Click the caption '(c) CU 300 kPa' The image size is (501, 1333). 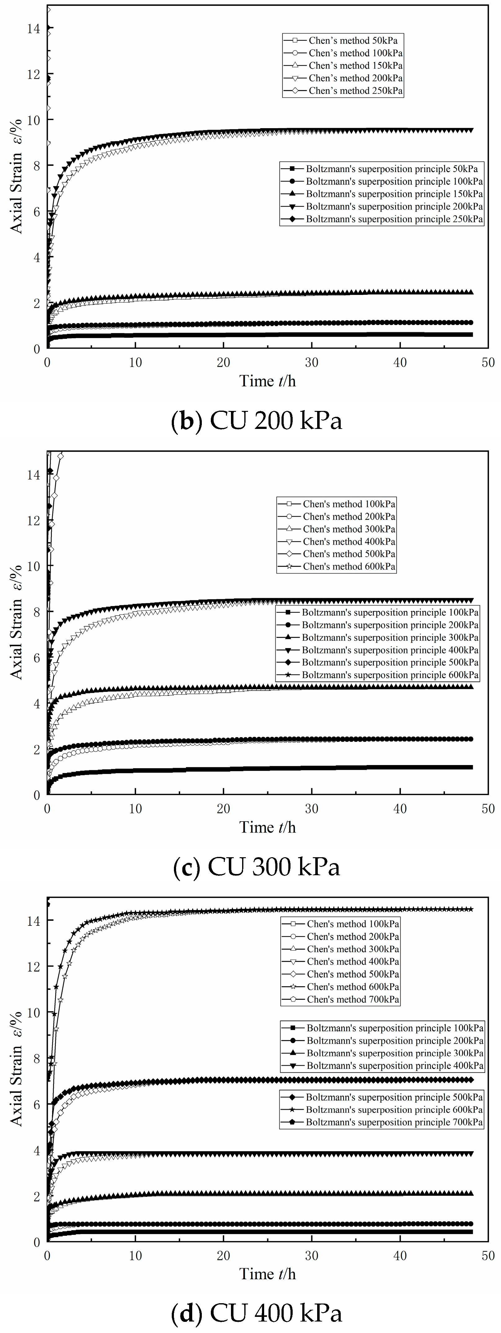click(256, 867)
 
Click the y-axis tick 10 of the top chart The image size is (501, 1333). click(33, 119)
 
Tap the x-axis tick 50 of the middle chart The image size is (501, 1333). click(488, 809)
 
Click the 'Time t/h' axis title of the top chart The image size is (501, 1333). click(267, 381)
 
